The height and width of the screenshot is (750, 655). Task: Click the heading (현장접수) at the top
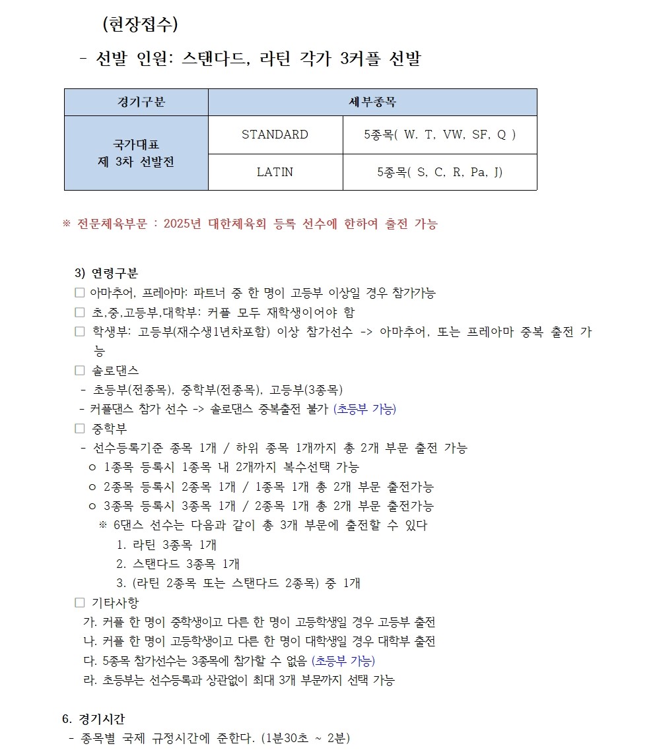tap(140, 24)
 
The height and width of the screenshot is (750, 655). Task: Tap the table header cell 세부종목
tap(372, 102)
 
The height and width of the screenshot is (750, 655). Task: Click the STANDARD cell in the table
tap(275, 135)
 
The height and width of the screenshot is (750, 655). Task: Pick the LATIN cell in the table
tap(275, 172)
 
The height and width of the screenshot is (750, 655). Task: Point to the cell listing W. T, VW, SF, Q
tap(440, 135)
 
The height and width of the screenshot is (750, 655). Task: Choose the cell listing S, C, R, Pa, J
tap(440, 172)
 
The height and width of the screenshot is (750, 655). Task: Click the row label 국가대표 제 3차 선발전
tap(136, 153)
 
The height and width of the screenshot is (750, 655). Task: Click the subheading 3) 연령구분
tap(106, 273)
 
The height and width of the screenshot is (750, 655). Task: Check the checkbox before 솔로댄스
tap(80, 371)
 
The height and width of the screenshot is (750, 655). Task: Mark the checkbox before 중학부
tap(80, 429)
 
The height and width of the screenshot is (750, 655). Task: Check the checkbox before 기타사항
tap(80, 603)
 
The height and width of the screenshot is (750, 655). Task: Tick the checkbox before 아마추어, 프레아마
tap(79, 293)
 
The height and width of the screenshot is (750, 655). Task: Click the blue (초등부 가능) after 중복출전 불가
tap(365, 410)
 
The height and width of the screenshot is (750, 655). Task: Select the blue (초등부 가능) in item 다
tap(343, 661)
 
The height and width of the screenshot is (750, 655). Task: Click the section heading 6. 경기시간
tap(92, 718)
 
